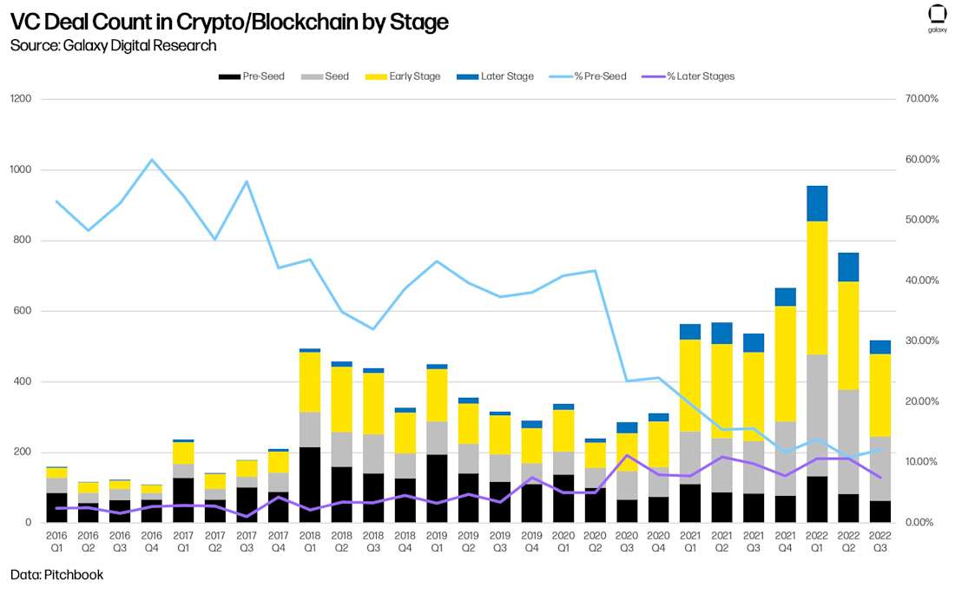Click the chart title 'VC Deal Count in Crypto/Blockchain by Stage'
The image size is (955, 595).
click(229, 22)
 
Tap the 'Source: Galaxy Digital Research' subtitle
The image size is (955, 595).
click(114, 45)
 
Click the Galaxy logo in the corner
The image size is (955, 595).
click(937, 17)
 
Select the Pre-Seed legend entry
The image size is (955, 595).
click(252, 76)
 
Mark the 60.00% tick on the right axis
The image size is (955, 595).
click(921, 160)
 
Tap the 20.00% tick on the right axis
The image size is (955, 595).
click(921, 401)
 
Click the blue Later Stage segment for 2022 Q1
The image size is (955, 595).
click(817, 203)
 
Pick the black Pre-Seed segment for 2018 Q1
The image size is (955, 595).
click(310, 485)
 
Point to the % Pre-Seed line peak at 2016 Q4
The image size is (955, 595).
click(152, 160)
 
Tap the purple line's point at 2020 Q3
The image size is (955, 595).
click(627, 455)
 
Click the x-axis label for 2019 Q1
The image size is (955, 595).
click(436, 542)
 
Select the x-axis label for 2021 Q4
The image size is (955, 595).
click(786, 542)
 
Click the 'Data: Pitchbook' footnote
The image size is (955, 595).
click(56, 575)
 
